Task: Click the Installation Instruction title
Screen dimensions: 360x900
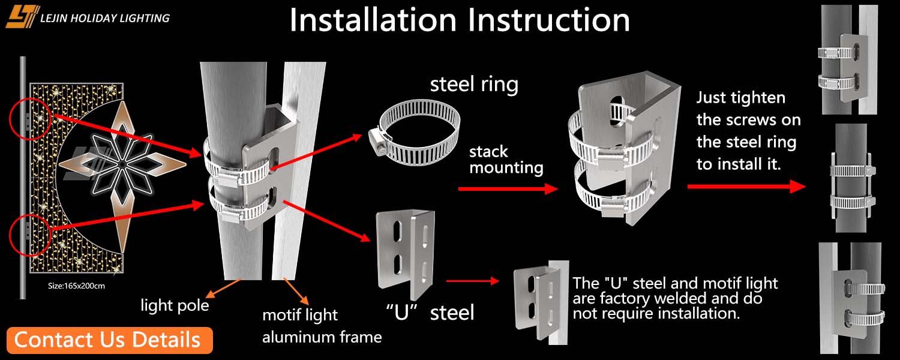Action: click(x=460, y=20)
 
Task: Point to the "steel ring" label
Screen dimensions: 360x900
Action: click(x=474, y=85)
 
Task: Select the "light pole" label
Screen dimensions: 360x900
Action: click(x=175, y=305)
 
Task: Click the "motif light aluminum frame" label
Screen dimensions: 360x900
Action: click(x=322, y=326)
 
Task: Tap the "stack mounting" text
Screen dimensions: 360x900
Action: click(x=506, y=160)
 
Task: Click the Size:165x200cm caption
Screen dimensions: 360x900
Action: click(x=76, y=286)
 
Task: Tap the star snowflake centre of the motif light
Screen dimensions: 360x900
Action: click(x=121, y=163)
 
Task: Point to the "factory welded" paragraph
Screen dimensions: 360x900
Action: click(x=675, y=298)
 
